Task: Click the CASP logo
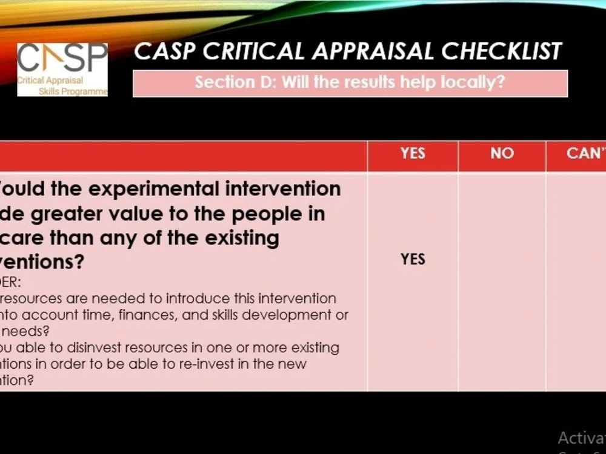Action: tap(62, 69)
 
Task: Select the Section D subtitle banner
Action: tap(350, 83)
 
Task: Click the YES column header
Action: tap(413, 154)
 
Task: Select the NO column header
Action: tap(502, 154)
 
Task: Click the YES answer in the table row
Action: tap(413, 259)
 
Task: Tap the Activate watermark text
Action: tap(581, 438)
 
